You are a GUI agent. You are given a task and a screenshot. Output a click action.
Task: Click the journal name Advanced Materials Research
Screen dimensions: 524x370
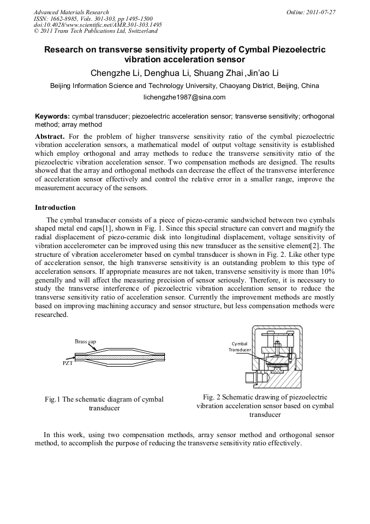pyautogui.click(x=71, y=11)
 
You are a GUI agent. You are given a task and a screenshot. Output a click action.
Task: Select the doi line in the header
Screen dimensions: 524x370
pyautogui.click(x=98, y=25)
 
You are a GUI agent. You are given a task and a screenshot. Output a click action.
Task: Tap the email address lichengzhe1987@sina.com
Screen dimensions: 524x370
pyautogui.click(x=184, y=97)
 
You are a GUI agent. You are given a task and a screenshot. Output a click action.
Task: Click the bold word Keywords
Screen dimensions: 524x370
pyautogui.click(x=52, y=116)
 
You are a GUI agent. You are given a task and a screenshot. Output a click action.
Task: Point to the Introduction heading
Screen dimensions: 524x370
pyautogui.click(x=55, y=208)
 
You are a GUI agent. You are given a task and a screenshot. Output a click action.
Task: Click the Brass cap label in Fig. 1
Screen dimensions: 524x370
pyautogui.click(x=86, y=342)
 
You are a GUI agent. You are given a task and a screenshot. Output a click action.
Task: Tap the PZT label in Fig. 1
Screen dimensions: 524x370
pyautogui.click(x=67, y=362)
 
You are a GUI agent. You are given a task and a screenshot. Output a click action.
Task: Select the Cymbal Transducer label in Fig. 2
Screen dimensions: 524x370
pyautogui.click(x=240, y=346)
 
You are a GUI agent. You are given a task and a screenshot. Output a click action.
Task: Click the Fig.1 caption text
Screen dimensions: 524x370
pyautogui.click(x=104, y=404)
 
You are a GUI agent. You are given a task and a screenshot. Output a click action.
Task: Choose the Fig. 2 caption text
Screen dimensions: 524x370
pyautogui.click(x=265, y=405)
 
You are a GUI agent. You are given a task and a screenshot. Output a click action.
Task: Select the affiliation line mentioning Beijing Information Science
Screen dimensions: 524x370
pyautogui.click(x=184, y=86)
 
